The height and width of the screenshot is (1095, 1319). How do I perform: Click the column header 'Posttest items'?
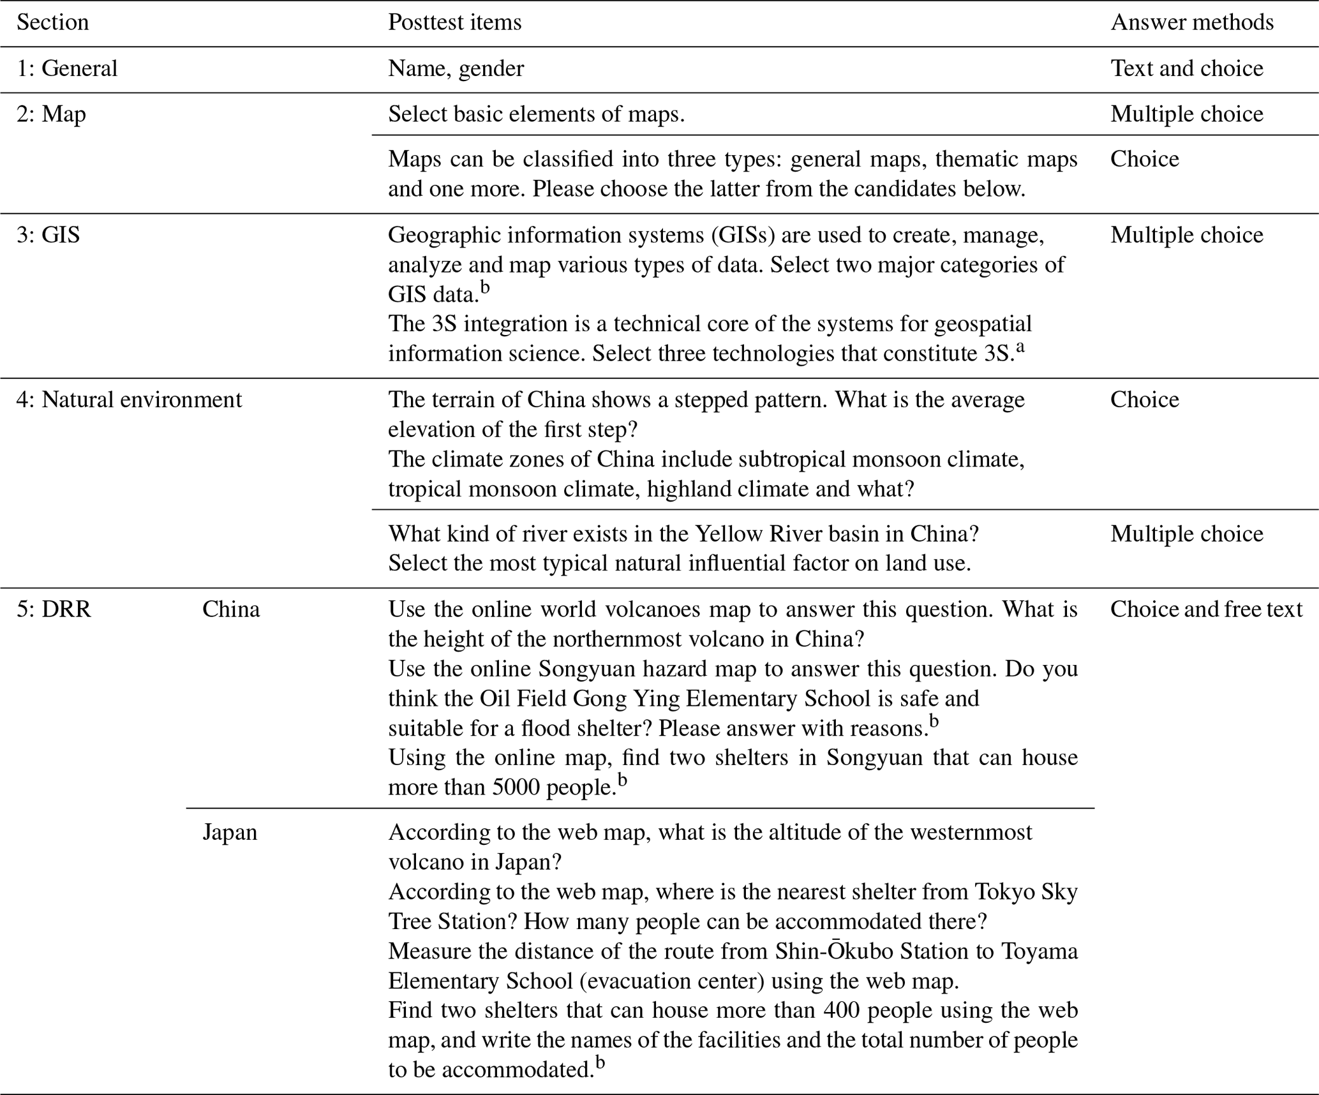click(454, 23)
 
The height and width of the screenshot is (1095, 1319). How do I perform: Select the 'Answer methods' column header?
click(1191, 23)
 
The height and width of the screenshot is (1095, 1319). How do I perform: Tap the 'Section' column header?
click(52, 23)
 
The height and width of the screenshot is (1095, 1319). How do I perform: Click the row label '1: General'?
click(67, 69)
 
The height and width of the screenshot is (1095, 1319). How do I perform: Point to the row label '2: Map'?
click(51, 115)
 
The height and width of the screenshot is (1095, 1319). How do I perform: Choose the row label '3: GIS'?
click(48, 235)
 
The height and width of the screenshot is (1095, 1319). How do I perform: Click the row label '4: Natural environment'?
click(129, 400)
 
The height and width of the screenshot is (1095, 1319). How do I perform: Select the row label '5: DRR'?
click(54, 610)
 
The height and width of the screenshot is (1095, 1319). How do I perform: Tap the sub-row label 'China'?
click(231, 610)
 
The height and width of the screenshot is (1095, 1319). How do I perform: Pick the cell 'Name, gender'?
click(456, 69)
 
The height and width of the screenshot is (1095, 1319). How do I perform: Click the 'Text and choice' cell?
click(1186, 69)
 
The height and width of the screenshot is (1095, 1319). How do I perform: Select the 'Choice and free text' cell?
click(1205, 610)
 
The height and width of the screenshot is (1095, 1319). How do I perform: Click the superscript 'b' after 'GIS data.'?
click(485, 288)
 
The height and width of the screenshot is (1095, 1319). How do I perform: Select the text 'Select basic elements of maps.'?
click(536, 115)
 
